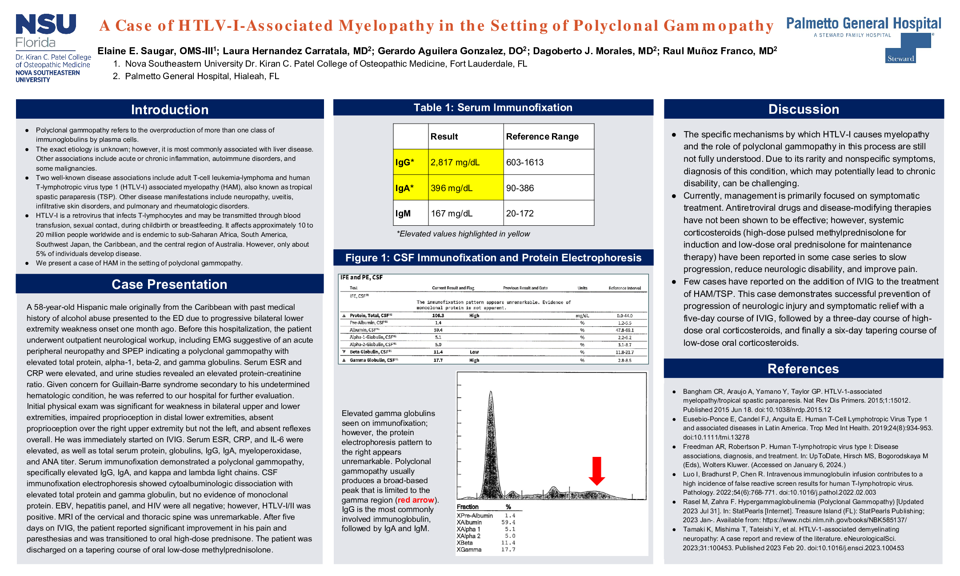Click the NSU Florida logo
click(46, 31)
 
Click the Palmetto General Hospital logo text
click(864, 24)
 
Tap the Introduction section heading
click(170, 110)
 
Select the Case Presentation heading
click(169, 284)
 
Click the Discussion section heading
click(804, 109)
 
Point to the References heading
click(803, 369)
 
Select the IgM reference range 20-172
click(520, 214)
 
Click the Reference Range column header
click(542, 136)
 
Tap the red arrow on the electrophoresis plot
click(596, 471)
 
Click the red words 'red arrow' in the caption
click(416, 500)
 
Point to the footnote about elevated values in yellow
click(463, 234)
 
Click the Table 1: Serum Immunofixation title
click(493, 108)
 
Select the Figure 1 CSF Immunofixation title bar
click(493, 258)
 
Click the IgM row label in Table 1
click(403, 214)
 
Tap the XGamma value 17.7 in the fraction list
click(508, 550)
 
